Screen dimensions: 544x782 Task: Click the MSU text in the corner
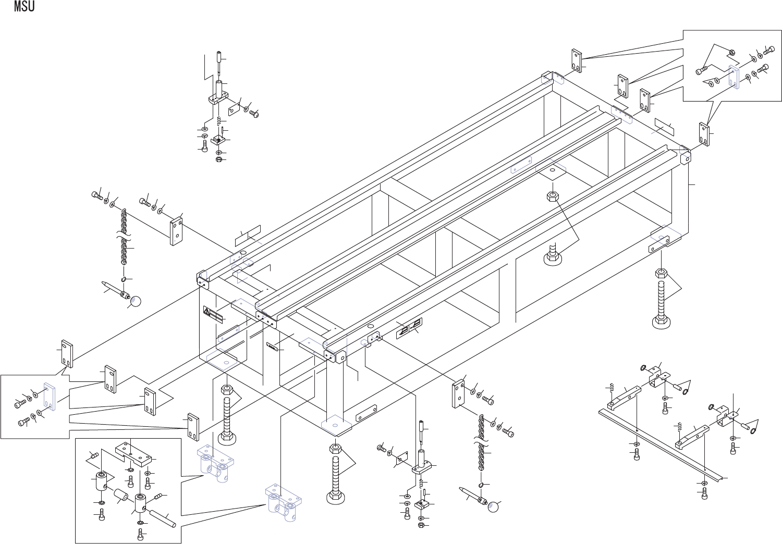tap(25, 7)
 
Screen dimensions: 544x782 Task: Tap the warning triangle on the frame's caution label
tap(207, 313)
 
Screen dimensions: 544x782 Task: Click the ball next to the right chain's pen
tap(493, 506)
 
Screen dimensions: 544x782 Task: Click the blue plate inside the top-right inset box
tap(734, 77)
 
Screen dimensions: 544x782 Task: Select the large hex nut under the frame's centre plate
tap(553, 196)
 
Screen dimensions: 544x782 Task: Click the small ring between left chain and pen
tap(124, 279)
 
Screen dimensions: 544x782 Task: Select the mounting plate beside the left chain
tap(177, 231)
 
